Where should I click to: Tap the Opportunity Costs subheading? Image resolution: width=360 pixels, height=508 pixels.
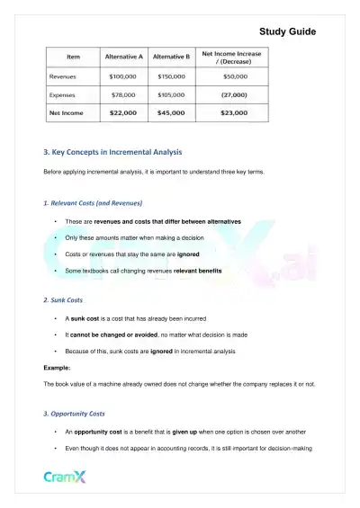[x=75, y=414]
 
